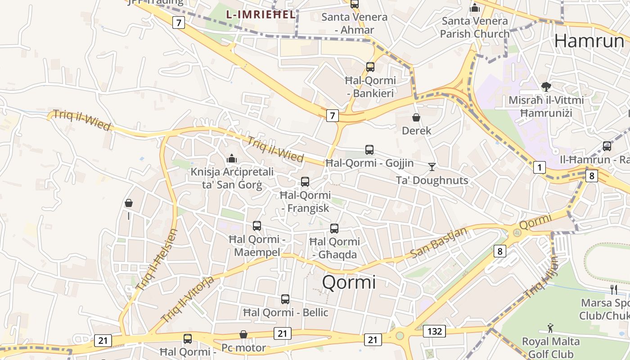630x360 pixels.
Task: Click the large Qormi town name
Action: click(349, 283)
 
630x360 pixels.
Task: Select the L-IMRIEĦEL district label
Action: click(261, 14)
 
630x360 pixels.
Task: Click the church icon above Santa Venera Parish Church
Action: click(474, 8)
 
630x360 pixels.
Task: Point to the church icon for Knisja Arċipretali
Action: click(232, 158)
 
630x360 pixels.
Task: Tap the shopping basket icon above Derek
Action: click(416, 117)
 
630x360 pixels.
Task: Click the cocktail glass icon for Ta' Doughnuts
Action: click(432, 167)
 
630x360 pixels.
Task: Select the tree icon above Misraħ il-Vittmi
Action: click(546, 86)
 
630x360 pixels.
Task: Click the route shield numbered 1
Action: click(539, 168)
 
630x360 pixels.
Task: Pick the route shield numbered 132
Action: click(434, 332)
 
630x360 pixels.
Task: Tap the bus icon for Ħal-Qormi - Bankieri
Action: click(370, 67)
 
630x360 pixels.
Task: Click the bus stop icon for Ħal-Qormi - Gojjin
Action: click(369, 150)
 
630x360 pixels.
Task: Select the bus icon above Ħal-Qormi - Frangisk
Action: click(305, 182)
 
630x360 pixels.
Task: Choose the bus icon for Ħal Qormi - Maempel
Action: click(256, 226)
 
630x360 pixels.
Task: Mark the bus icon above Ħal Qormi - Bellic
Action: click(285, 299)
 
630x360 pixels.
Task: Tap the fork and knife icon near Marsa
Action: click(613, 289)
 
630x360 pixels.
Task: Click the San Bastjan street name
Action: click(439, 243)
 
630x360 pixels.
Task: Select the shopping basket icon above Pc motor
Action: click(243, 334)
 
